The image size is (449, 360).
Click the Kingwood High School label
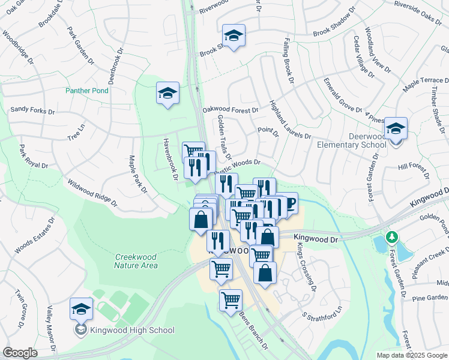click(x=132, y=330)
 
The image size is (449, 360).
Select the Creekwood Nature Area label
click(x=136, y=261)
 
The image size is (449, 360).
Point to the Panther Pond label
click(x=87, y=91)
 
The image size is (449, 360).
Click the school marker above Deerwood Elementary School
click(x=396, y=129)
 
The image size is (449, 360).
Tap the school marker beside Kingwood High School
click(x=82, y=310)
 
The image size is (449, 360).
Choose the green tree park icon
click(x=392, y=238)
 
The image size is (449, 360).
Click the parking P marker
click(x=291, y=204)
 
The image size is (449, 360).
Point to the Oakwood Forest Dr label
click(x=231, y=110)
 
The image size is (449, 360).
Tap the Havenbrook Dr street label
click(x=170, y=159)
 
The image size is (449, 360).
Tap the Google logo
click(x=20, y=353)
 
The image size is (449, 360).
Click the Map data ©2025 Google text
click(x=412, y=355)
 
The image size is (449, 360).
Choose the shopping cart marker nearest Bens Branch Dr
click(x=231, y=300)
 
